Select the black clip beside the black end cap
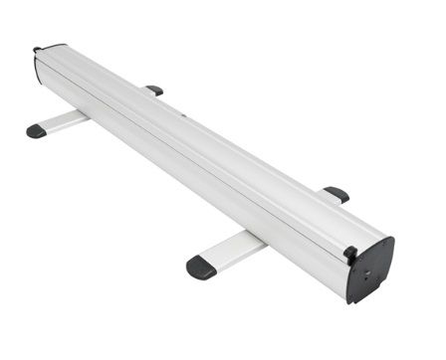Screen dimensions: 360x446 click(349, 255)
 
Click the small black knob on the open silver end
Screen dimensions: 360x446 click(38, 49)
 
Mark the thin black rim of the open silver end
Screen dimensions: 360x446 click(36, 66)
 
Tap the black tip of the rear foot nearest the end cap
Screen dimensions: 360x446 click(337, 194)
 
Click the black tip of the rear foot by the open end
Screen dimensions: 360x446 click(155, 90)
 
